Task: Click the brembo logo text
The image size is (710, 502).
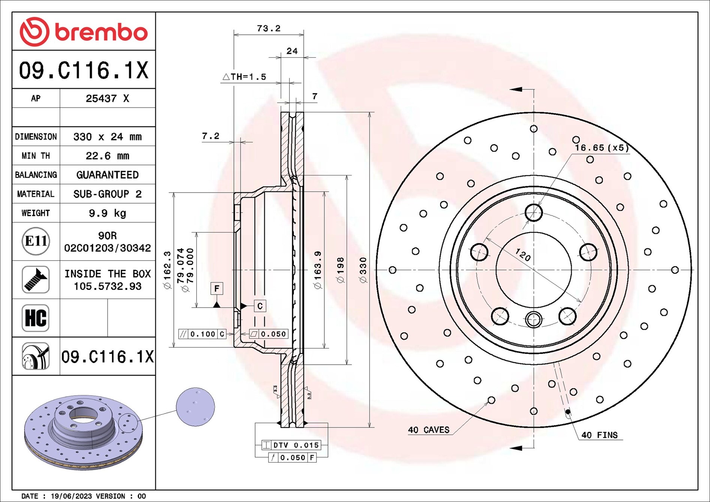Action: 101,32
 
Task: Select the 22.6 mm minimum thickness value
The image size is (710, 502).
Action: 107,156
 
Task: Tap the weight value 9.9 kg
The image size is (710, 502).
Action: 107,213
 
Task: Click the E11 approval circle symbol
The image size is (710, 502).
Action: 36,241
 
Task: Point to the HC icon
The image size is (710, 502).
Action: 36,318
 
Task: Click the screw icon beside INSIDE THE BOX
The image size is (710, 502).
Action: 36,280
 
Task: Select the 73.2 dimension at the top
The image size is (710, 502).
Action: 269,28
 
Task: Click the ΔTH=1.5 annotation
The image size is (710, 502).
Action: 245,77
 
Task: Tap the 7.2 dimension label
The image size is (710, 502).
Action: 210,136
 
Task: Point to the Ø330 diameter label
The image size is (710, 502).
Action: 363,270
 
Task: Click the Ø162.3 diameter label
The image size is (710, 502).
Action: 167,270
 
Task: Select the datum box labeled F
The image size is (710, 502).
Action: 216,288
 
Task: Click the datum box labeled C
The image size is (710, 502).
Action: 260,306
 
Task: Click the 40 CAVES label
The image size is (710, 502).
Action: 428,430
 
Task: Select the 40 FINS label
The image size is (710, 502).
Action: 599,435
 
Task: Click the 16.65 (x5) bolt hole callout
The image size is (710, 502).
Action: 601,148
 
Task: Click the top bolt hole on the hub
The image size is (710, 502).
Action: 533,213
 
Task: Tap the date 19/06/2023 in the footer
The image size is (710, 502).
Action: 71,496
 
